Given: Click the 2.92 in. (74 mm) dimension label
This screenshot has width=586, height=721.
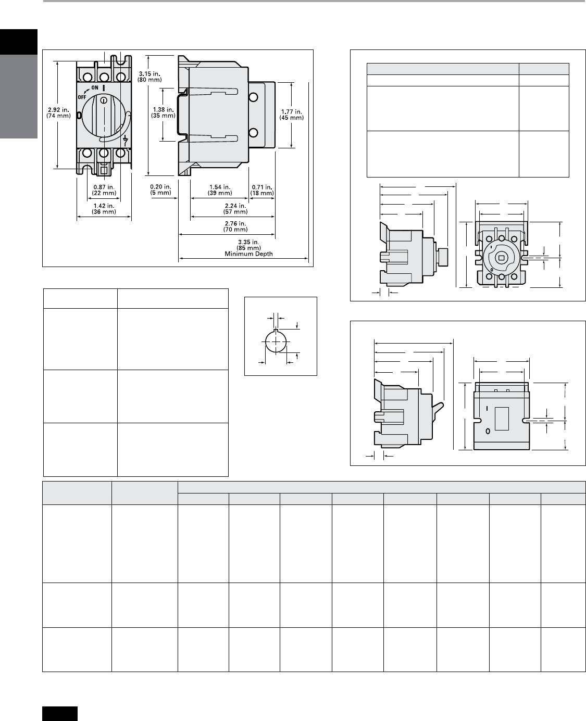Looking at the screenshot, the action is point(58,113).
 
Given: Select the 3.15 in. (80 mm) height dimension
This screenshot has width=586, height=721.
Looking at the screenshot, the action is point(149,77).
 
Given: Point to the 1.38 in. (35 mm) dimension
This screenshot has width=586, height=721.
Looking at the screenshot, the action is point(163,113).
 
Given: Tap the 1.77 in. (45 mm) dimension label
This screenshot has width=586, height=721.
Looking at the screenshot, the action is point(291,115).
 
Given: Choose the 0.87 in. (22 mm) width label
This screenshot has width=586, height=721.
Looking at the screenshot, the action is point(104,190).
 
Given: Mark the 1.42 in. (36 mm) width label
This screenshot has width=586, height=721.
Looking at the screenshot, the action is point(104,209).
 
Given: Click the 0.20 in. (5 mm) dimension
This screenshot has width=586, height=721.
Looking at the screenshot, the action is point(160,189).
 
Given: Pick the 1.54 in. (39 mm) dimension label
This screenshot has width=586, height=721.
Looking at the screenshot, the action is point(220,190).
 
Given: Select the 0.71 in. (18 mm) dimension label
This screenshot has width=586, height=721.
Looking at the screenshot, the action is point(262,190).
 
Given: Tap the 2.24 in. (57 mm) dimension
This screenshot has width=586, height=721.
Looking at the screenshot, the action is point(235,209).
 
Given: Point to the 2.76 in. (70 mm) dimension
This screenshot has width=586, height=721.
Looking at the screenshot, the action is point(235,226).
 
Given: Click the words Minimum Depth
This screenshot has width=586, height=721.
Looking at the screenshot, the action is point(248,254).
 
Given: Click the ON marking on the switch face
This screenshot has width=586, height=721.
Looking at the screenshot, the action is point(95,87).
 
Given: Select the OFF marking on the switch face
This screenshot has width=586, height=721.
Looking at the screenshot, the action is point(82,97).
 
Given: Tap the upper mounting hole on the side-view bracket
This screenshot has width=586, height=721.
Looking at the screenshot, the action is point(253,97).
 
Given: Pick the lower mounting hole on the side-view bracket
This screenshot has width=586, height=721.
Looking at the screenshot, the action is point(253,133).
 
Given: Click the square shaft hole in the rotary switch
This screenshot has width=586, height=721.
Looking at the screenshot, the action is point(501,258).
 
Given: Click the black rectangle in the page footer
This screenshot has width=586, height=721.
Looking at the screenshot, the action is point(60,714).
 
